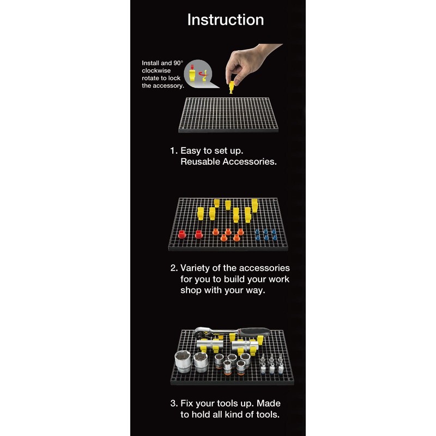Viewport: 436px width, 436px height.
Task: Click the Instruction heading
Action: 226,20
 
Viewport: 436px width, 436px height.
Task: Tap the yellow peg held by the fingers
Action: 231,87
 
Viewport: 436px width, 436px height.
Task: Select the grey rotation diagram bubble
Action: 200,74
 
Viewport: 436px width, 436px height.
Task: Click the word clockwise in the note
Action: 156,71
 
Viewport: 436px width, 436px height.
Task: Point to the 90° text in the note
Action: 178,63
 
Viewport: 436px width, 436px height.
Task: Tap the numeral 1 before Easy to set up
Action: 172,151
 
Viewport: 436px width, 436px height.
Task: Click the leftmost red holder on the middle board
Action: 182,234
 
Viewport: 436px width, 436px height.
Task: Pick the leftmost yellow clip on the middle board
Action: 201,213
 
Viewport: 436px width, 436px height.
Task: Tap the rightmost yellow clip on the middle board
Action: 255,205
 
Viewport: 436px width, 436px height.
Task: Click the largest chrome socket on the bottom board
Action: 183,361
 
